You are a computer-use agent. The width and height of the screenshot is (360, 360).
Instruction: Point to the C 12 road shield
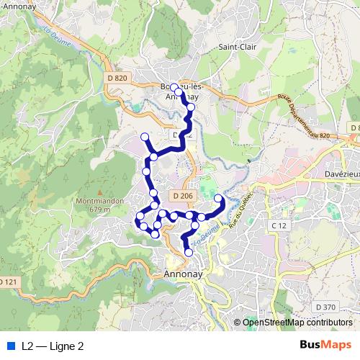tap(278, 226)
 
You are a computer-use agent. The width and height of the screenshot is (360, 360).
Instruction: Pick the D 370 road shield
tap(325, 307)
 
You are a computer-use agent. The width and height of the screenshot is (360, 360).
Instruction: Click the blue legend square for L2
tap(9, 346)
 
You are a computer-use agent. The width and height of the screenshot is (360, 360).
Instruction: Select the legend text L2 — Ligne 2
tap(53, 346)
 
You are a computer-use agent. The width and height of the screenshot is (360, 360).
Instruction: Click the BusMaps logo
tap(325, 345)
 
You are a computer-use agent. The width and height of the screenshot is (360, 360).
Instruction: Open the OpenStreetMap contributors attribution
tap(298, 323)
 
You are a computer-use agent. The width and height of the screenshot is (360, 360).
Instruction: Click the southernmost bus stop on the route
tap(189, 253)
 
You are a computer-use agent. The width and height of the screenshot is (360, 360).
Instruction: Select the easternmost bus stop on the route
tap(218, 197)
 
